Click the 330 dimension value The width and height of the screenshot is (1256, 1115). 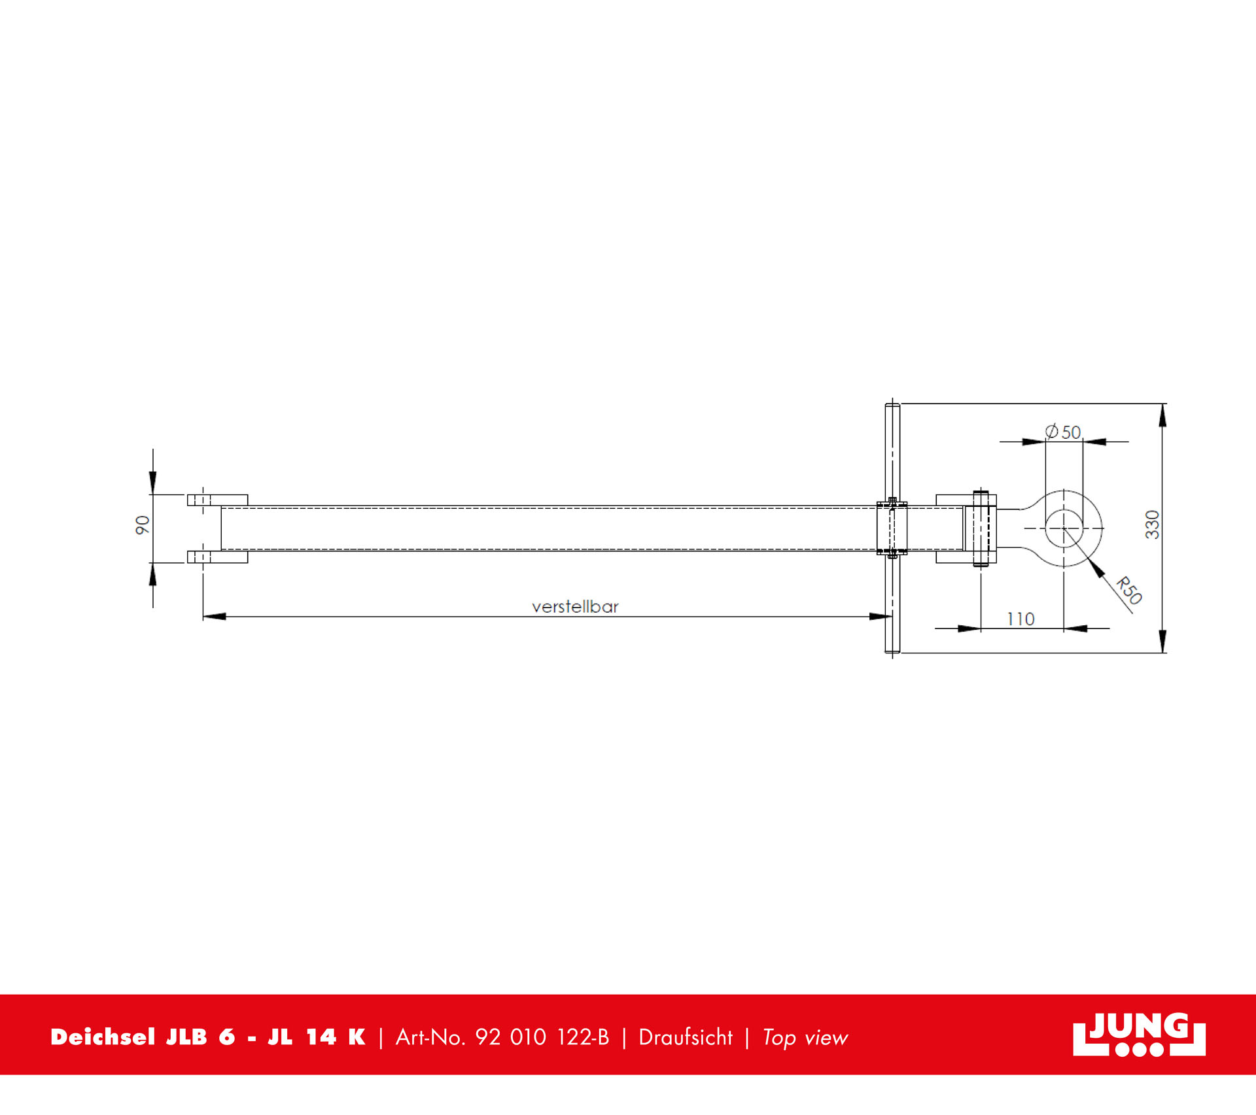(1152, 524)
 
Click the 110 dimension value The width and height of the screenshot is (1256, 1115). (1020, 619)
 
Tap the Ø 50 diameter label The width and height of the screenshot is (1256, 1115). (1063, 432)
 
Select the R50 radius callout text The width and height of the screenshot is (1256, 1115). (1129, 590)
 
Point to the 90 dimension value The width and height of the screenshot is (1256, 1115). (143, 524)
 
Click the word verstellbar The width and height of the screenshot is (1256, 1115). (575, 607)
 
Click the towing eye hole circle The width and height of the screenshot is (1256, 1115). (1064, 528)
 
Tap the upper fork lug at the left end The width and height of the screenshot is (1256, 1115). (217, 500)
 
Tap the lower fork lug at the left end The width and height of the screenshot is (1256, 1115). (217, 557)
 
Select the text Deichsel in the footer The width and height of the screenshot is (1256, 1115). (103, 1037)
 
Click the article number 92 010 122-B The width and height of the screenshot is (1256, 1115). (542, 1037)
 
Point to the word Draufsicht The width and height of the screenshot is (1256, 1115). (686, 1037)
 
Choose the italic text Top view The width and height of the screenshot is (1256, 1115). (805, 1038)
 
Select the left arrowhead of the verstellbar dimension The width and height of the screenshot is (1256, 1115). (215, 616)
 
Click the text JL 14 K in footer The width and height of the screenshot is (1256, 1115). (316, 1037)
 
